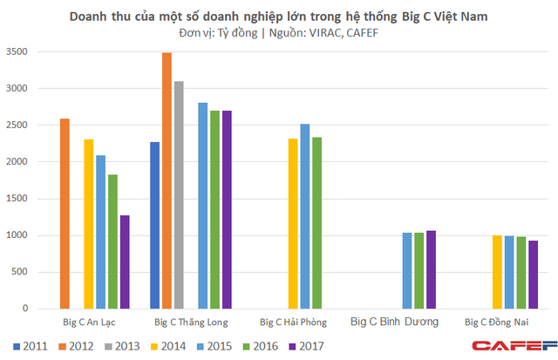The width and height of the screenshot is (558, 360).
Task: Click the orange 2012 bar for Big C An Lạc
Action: tap(65, 214)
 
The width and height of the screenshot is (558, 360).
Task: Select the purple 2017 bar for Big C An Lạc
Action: tap(125, 262)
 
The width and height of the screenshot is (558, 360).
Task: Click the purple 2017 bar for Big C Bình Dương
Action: tap(431, 269)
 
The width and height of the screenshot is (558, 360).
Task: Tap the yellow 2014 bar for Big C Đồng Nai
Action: tap(497, 272)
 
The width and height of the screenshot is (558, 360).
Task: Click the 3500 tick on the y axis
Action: tap(17, 52)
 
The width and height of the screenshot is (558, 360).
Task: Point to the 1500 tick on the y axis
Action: tap(17, 199)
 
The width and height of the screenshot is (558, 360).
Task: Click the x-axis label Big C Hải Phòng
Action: tap(293, 322)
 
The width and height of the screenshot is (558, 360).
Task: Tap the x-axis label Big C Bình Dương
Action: tap(395, 322)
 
